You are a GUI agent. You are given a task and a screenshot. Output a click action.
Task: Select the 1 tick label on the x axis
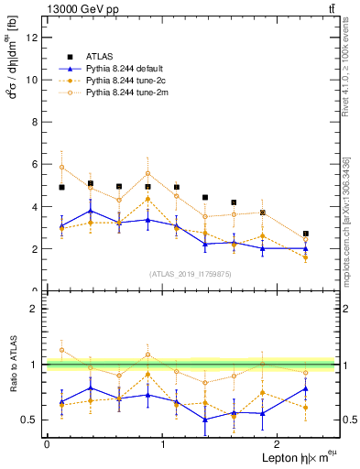(163, 442)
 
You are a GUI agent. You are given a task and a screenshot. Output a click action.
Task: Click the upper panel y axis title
(12, 69)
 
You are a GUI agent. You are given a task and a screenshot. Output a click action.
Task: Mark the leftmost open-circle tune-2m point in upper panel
(61, 167)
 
